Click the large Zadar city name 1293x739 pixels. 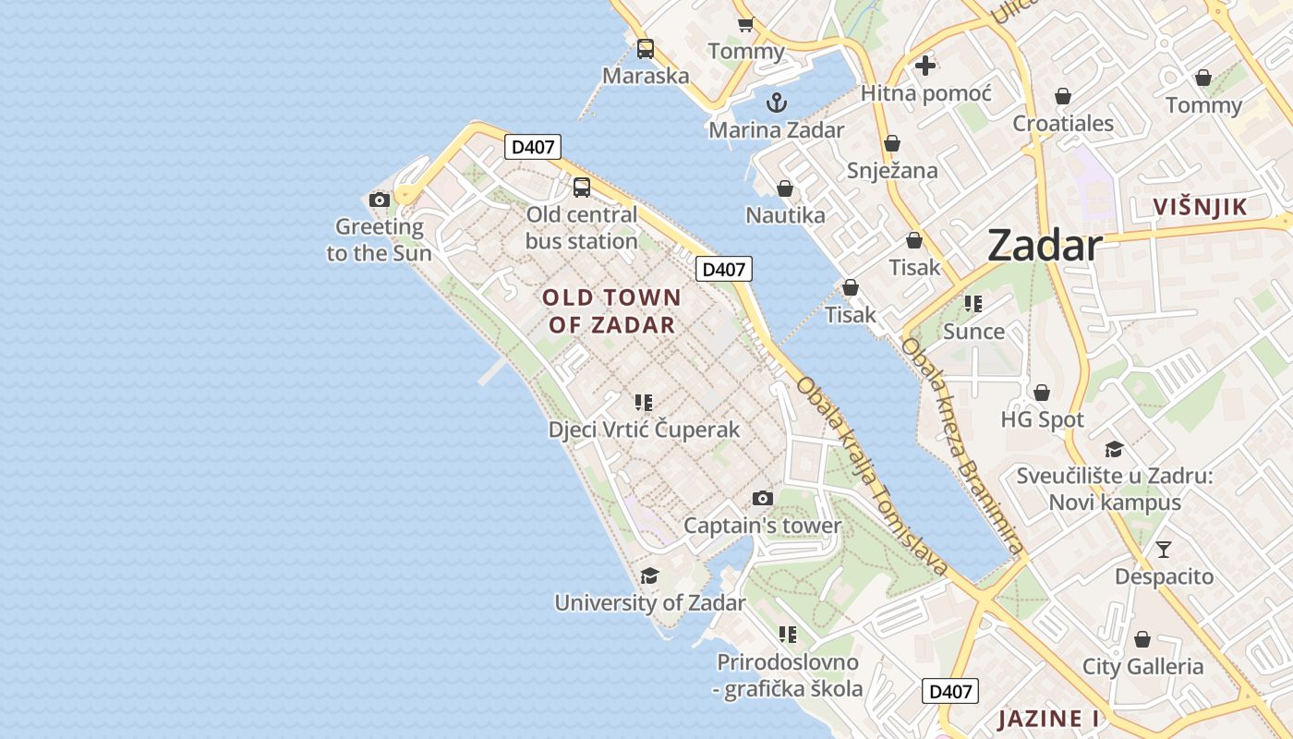click(x=1045, y=246)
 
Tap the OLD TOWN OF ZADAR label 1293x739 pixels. click(x=611, y=311)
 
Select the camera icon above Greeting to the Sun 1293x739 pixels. click(x=379, y=200)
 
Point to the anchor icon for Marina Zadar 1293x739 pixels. click(x=776, y=102)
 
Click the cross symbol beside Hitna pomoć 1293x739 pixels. click(x=924, y=66)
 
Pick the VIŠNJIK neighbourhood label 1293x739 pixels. click(x=1200, y=207)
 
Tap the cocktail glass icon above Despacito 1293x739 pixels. click(x=1163, y=550)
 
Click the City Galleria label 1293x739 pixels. click(x=1142, y=667)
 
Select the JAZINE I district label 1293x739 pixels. click(x=1048, y=718)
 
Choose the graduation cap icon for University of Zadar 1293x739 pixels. click(x=649, y=576)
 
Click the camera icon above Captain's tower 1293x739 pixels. click(x=762, y=499)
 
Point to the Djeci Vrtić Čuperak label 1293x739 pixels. click(x=644, y=430)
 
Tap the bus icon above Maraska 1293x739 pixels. click(x=645, y=49)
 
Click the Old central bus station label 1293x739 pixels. click(x=582, y=227)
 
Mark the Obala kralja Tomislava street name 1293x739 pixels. click(x=872, y=476)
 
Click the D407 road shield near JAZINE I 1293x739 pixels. click(x=949, y=691)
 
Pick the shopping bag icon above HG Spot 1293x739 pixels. click(x=1042, y=393)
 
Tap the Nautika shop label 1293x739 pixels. click(x=785, y=215)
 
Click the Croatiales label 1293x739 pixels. click(x=1063, y=123)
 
